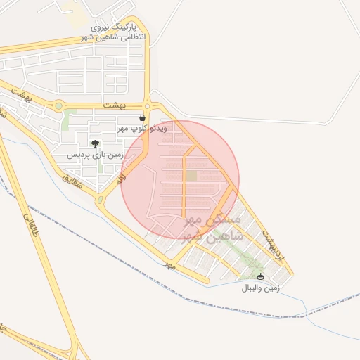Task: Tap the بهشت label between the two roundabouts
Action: (112, 104)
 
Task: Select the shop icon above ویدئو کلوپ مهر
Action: (143, 118)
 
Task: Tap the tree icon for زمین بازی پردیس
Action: (95, 144)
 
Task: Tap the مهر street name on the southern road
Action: (168, 266)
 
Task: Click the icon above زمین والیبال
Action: (261, 276)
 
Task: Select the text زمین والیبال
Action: (261, 288)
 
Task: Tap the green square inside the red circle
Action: (191, 176)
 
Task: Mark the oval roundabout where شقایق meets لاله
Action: (101, 200)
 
